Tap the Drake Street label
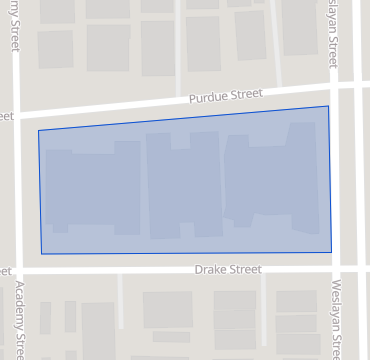pos(228,270)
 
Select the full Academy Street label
pos(17,316)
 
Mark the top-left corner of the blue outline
pos(39,130)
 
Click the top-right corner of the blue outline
pos(328,106)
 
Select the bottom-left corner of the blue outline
pos(42,253)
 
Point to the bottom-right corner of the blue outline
pos(331,251)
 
